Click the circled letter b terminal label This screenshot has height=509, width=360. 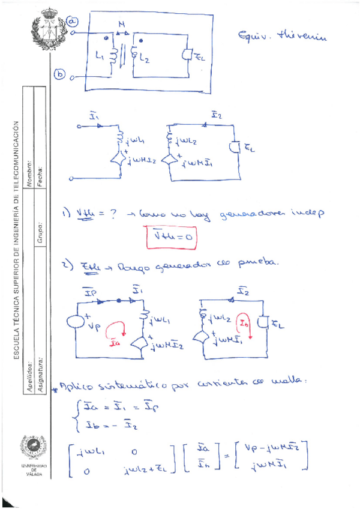click(60, 74)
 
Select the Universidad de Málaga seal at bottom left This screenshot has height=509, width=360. click(34, 447)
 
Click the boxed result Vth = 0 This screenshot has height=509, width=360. click(172, 238)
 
